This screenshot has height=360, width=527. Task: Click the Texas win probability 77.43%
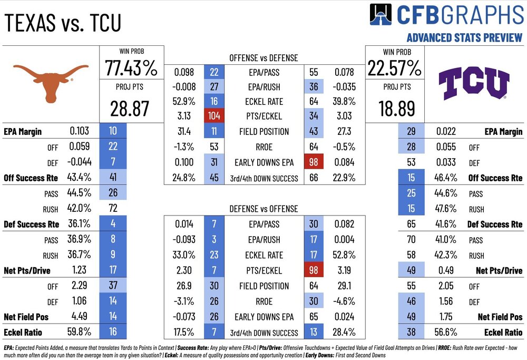[x=131, y=68]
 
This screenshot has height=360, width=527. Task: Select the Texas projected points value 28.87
[x=131, y=109]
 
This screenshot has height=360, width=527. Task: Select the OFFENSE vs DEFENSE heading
[x=263, y=57]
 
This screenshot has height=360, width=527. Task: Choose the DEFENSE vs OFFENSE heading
[x=263, y=209]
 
